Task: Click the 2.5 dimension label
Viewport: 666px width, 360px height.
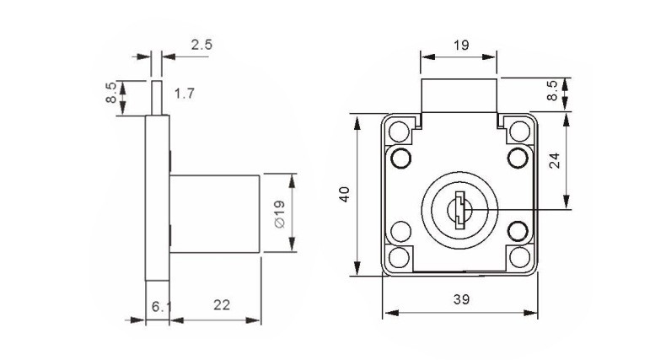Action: tap(201, 45)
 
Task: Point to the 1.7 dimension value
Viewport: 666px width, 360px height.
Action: tap(185, 94)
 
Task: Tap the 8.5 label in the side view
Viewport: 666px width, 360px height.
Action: tap(110, 93)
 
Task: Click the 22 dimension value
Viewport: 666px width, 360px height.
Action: tap(222, 305)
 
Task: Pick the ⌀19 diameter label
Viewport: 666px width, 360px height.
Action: tap(280, 214)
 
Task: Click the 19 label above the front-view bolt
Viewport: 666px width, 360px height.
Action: tap(461, 45)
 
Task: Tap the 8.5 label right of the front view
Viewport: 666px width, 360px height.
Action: tap(551, 90)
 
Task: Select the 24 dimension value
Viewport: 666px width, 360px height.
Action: tap(555, 161)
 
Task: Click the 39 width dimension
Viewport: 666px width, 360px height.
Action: tap(461, 299)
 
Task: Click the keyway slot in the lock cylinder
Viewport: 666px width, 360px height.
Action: tap(459, 210)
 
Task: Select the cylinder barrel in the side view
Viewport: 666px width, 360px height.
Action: tap(215, 213)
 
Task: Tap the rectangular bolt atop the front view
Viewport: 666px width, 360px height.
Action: tap(459, 95)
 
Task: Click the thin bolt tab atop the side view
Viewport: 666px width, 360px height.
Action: tap(157, 98)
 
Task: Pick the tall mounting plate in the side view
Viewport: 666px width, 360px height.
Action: tap(158, 198)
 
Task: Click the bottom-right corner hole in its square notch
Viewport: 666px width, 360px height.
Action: tap(519, 257)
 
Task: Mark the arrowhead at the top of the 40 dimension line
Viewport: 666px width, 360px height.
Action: tap(357, 123)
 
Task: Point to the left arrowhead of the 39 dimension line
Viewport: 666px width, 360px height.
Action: tap(391, 313)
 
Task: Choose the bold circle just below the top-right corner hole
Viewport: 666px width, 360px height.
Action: tap(518, 159)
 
